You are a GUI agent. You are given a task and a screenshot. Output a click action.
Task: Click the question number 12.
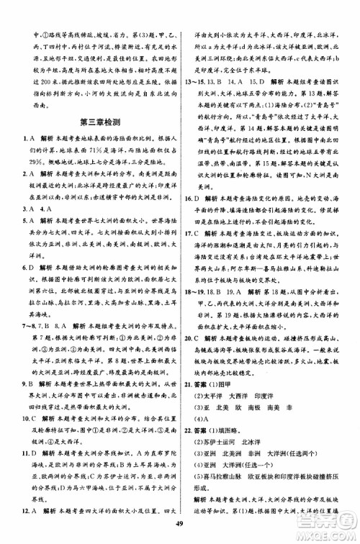pos(27,510)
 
